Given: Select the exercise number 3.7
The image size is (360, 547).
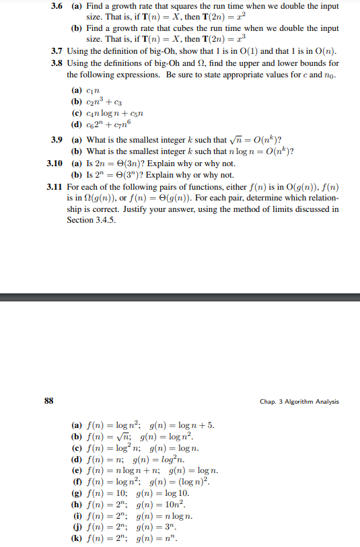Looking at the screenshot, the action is [59, 51].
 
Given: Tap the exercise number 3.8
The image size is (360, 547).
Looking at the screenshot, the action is [59, 63].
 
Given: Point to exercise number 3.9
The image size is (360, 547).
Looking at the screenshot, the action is [59, 139].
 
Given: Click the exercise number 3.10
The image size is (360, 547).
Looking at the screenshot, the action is [56, 163].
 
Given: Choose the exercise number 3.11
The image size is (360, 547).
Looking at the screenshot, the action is [56, 186].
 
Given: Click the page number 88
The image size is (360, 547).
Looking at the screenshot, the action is [49, 402].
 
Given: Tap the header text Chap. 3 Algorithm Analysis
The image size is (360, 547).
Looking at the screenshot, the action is [299, 402].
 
